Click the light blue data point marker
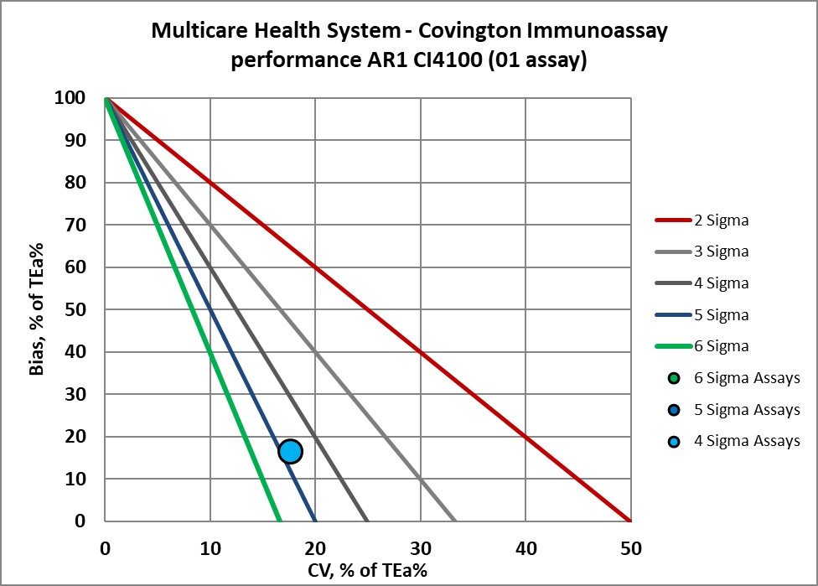click(x=290, y=451)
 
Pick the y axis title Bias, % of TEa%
click(x=37, y=309)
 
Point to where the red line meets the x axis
click(x=630, y=521)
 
